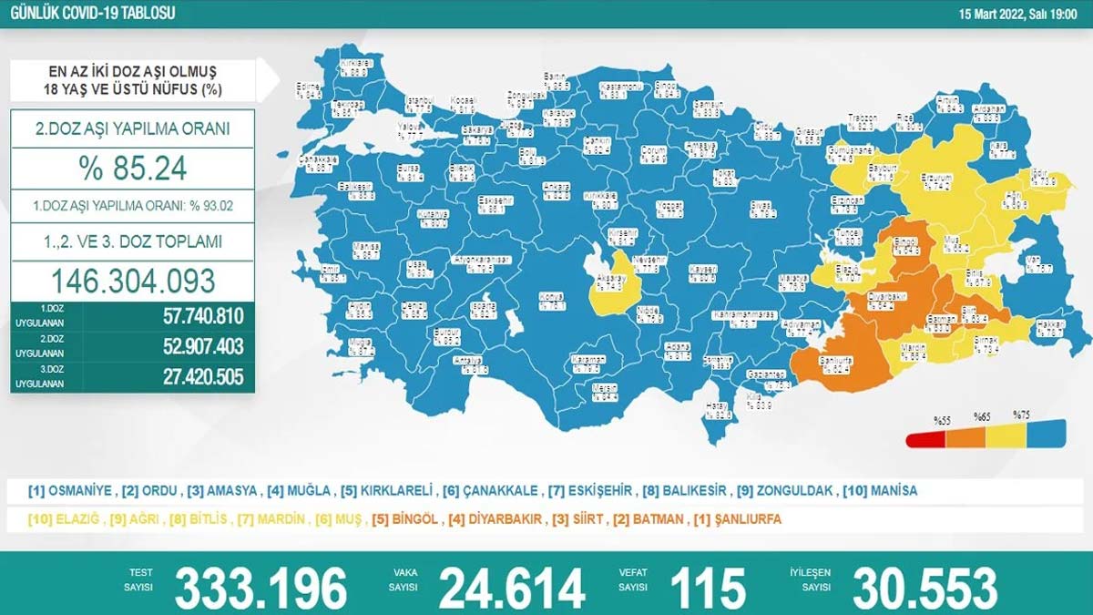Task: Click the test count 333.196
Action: [x=261, y=588]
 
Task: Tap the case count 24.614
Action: [x=511, y=588]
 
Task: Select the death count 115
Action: [x=707, y=588]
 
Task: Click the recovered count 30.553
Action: [x=924, y=588]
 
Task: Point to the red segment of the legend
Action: [x=925, y=440]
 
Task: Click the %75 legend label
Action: [x=1021, y=415]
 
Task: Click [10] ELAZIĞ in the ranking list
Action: [x=64, y=518]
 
